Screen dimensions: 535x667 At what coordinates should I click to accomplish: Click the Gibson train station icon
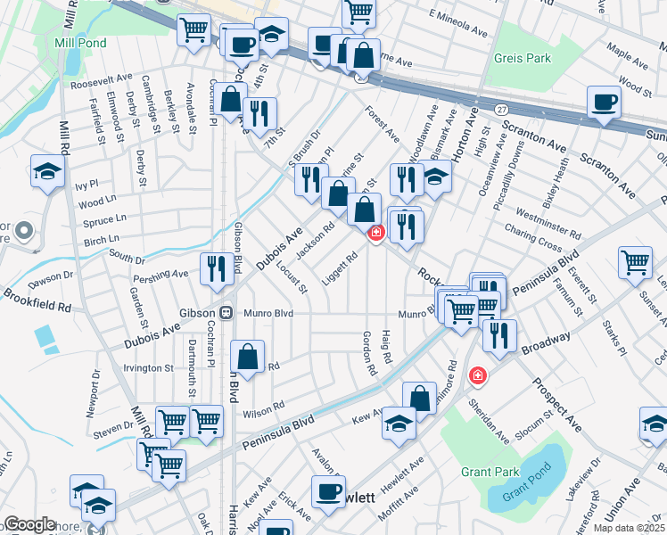click(x=226, y=313)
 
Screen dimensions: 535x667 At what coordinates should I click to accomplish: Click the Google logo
click(x=29, y=524)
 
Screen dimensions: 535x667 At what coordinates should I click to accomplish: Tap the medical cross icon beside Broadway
click(x=478, y=376)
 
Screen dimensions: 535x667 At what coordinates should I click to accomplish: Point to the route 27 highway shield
click(x=502, y=108)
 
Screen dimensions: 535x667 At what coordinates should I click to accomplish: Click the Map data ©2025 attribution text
click(x=627, y=528)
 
